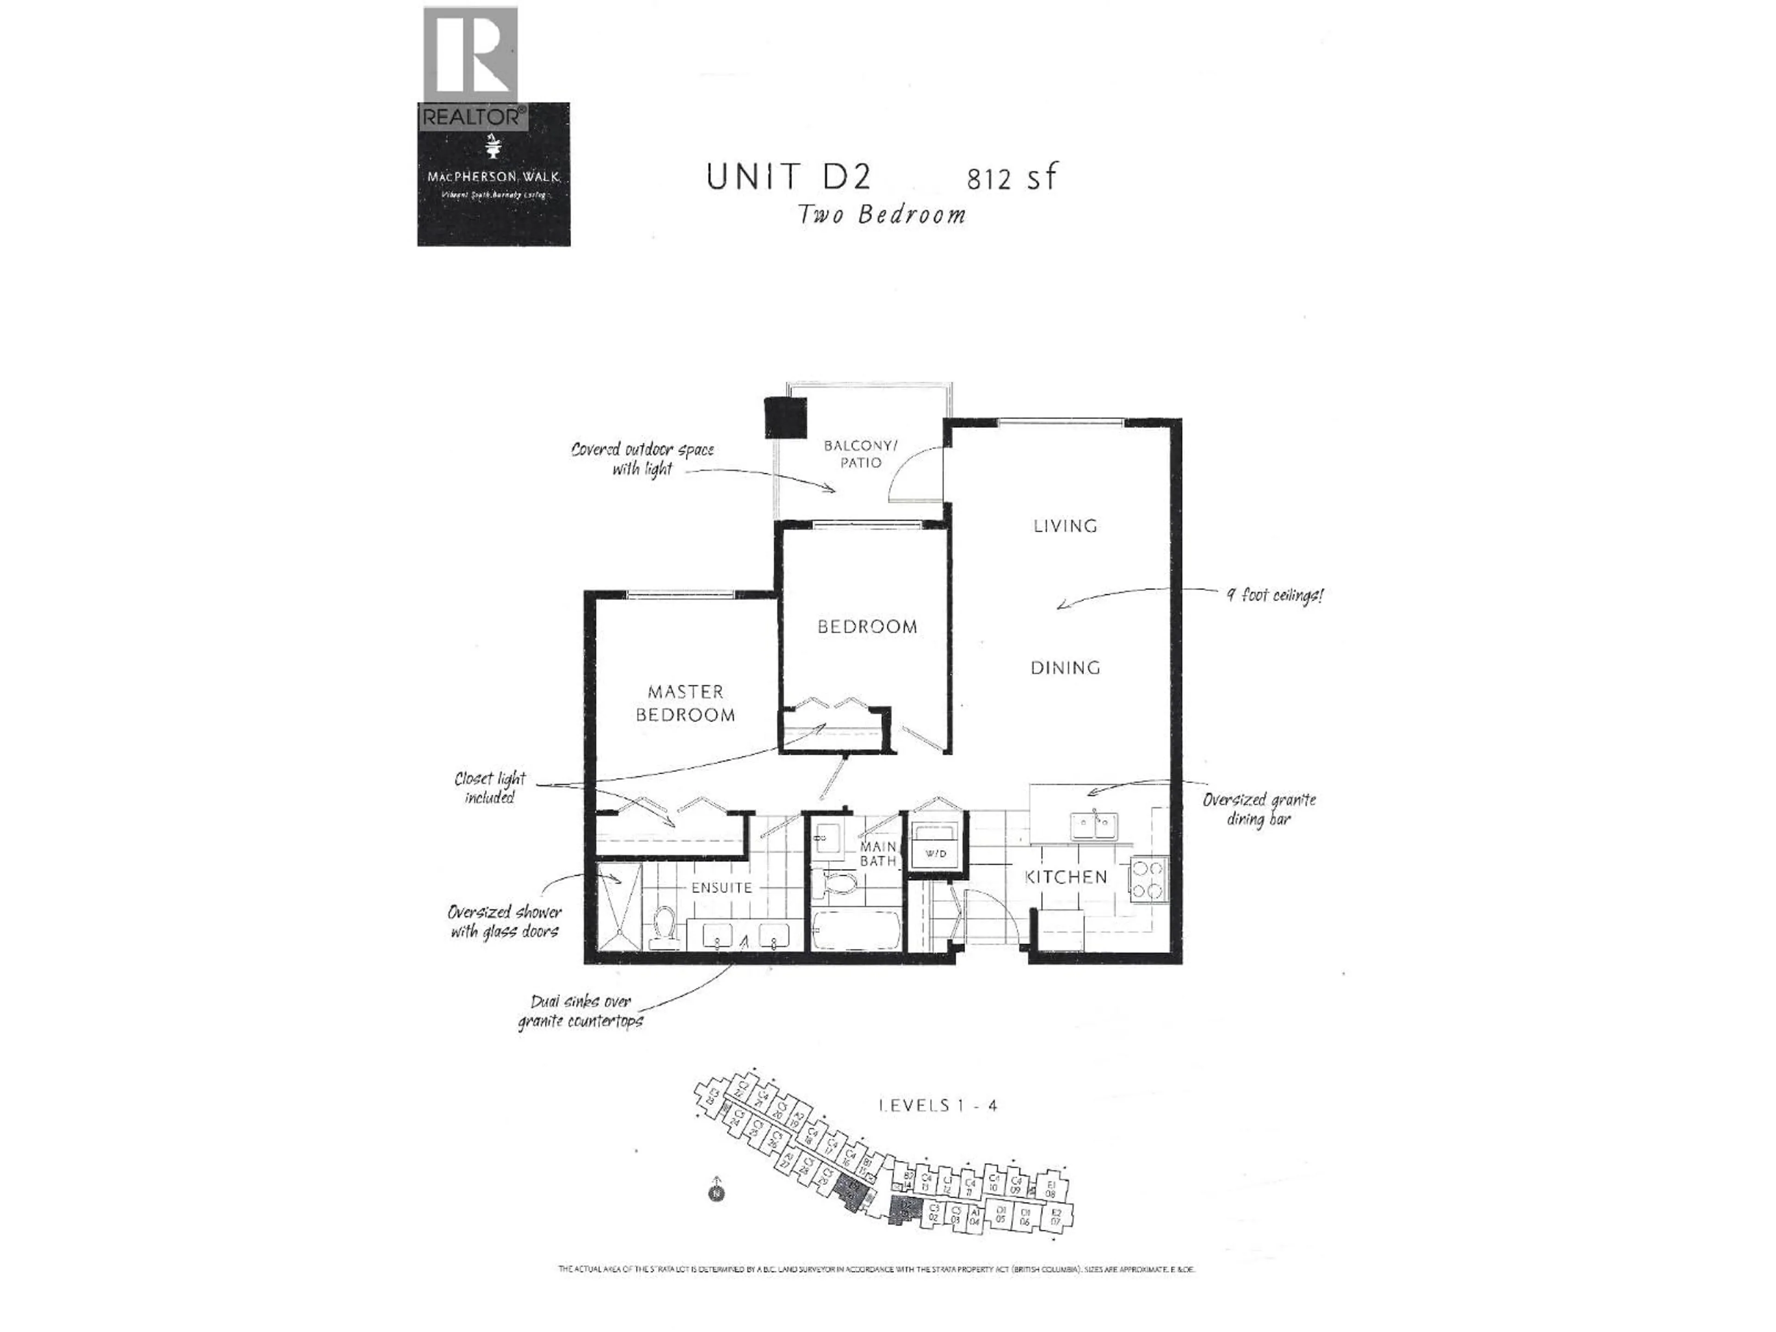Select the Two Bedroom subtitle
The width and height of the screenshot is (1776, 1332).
pyautogui.click(x=881, y=215)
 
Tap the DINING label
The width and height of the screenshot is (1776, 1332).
pyautogui.click(x=1066, y=667)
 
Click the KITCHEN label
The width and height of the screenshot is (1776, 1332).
pyautogui.click(x=1066, y=877)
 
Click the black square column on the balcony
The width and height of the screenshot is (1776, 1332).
pyautogui.click(x=784, y=418)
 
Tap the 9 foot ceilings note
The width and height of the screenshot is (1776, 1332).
pyautogui.click(x=1274, y=595)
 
